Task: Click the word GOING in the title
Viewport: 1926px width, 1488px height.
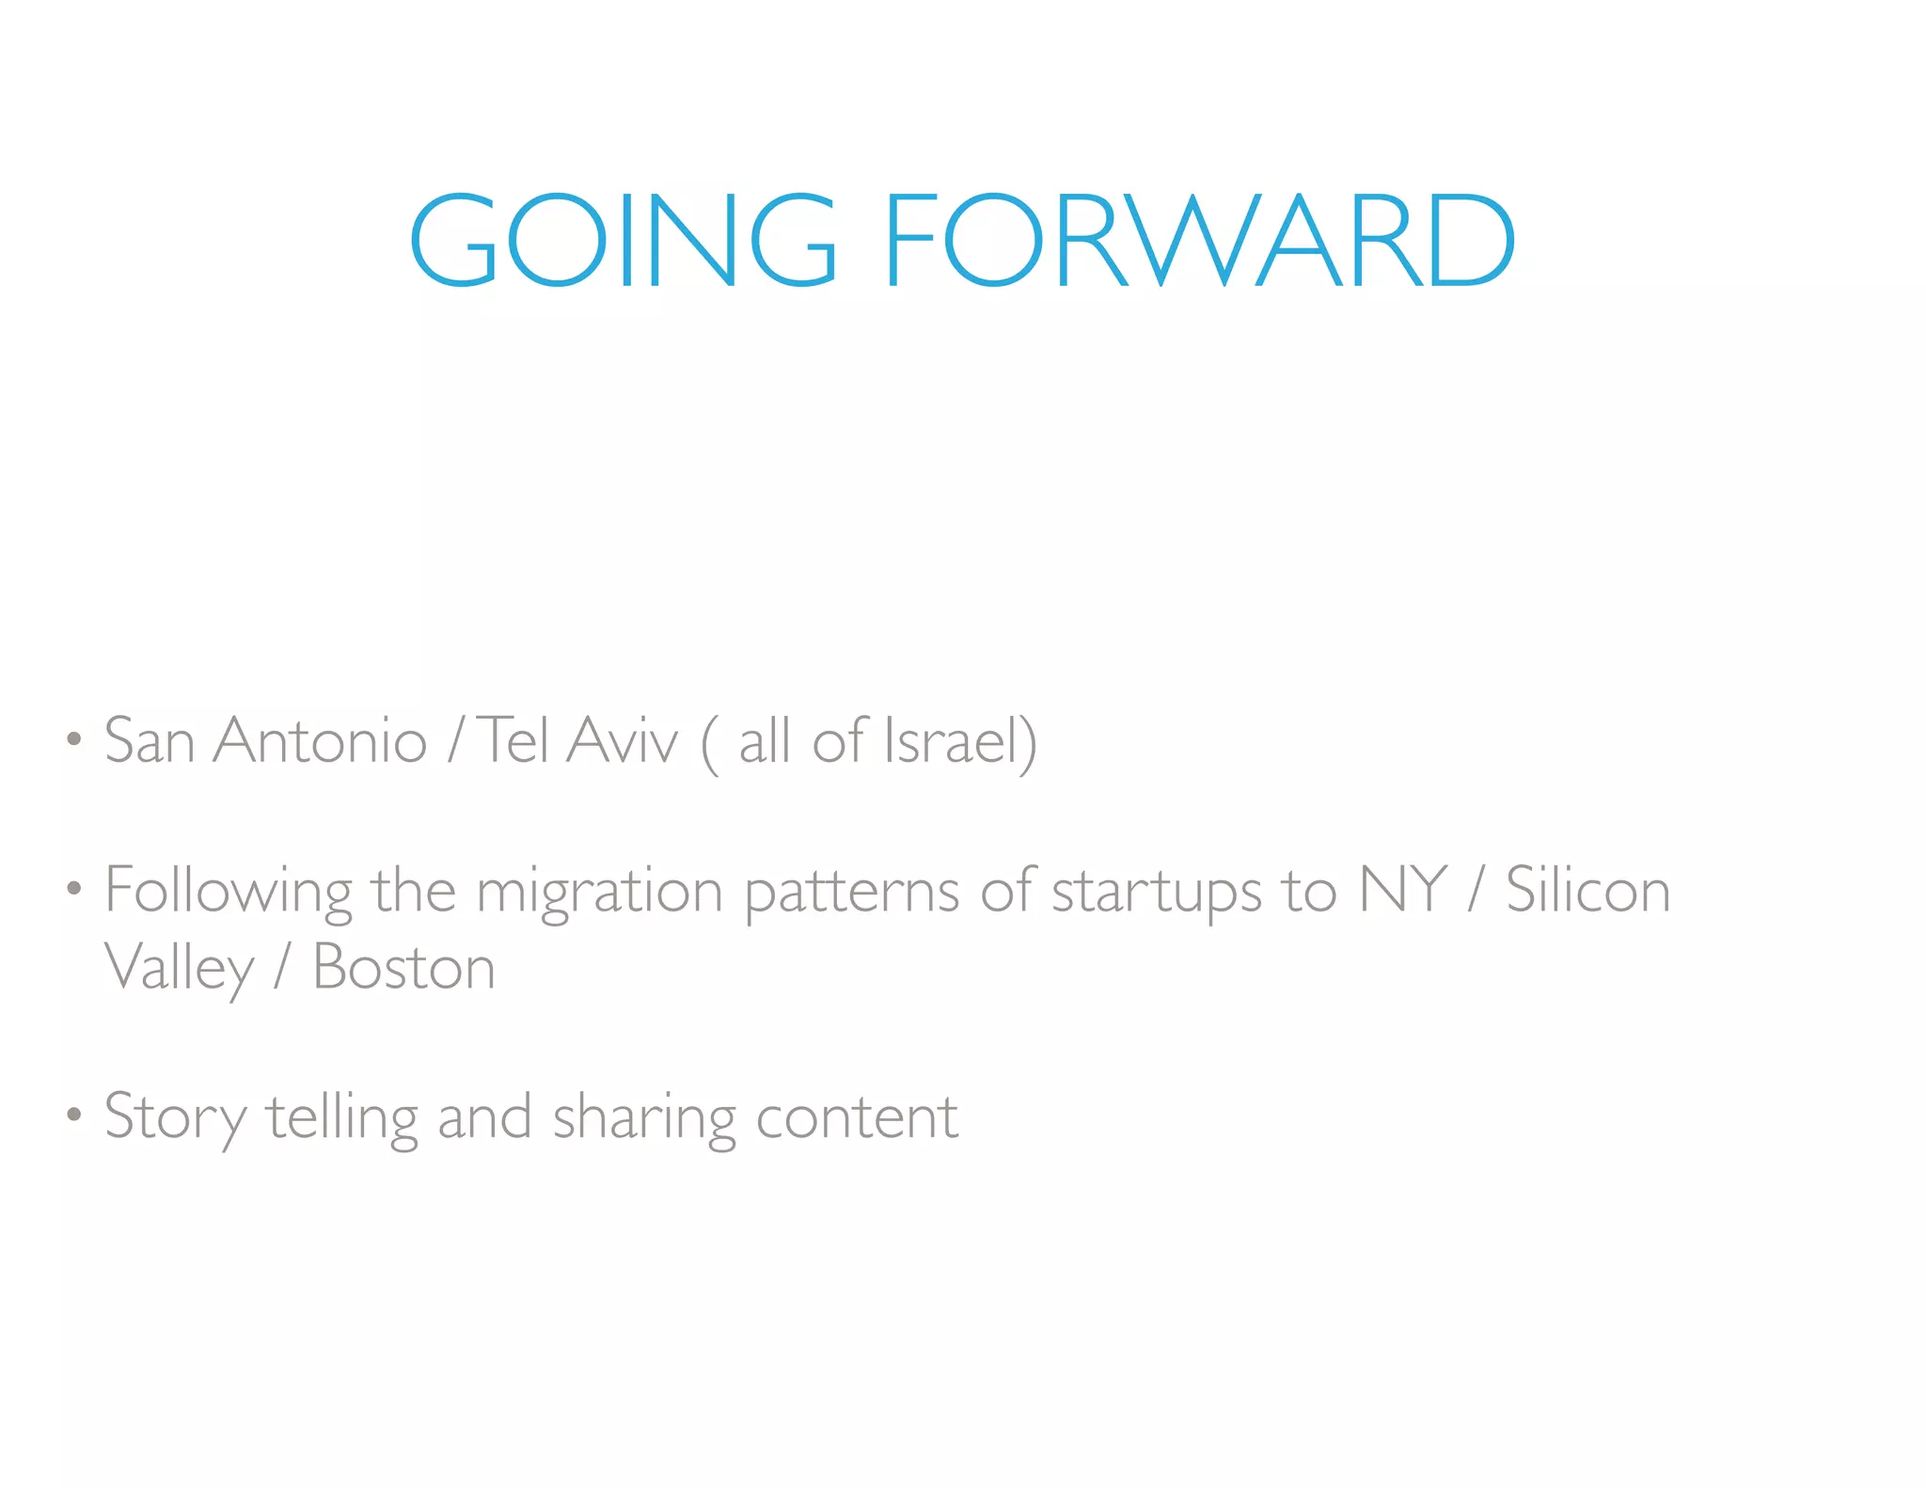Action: tap(623, 240)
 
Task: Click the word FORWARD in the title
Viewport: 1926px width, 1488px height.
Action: tap(1200, 240)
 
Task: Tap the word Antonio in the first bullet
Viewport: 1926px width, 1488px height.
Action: tap(321, 740)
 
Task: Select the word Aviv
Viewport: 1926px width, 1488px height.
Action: tap(623, 740)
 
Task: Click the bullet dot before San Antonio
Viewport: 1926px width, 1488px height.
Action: tap(73, 739)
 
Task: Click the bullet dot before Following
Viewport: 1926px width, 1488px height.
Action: tap(73, 888)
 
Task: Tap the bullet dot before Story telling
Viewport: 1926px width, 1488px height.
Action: tap(73, 1116)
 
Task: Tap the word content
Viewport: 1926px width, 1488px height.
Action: tap(857, 1117)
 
